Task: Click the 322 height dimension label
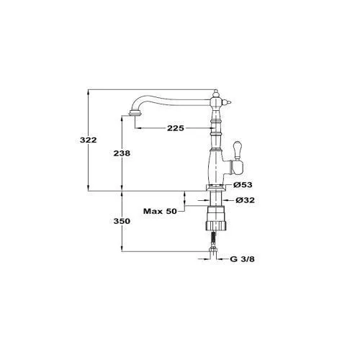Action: pos(89,140)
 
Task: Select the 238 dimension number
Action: pos(122,153)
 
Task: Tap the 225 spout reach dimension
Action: pos(176,128)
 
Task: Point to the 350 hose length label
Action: pos(122,221)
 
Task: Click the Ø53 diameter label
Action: pos(243,185)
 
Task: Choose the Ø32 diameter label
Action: pos(245,200)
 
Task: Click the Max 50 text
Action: pos(160,212)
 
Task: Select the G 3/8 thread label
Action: pos(242,259)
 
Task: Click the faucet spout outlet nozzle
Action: pos(135,113)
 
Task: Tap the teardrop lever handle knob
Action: pos(238,150)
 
